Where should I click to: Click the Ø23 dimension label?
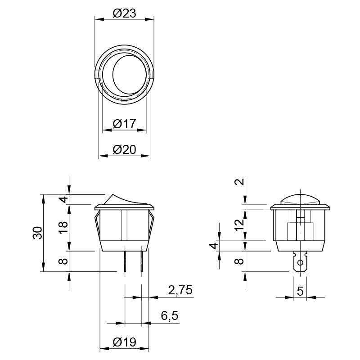point(125,13)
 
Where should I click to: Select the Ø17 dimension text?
point(125,124)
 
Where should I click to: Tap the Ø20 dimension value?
point(125,150)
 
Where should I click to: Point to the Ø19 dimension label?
point(125,342)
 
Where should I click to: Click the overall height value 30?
point(38,233)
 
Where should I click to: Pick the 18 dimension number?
point(63,227)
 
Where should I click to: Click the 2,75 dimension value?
point(180,290)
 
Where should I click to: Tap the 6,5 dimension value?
point(170,316)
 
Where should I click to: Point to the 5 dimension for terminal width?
point(300,291)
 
